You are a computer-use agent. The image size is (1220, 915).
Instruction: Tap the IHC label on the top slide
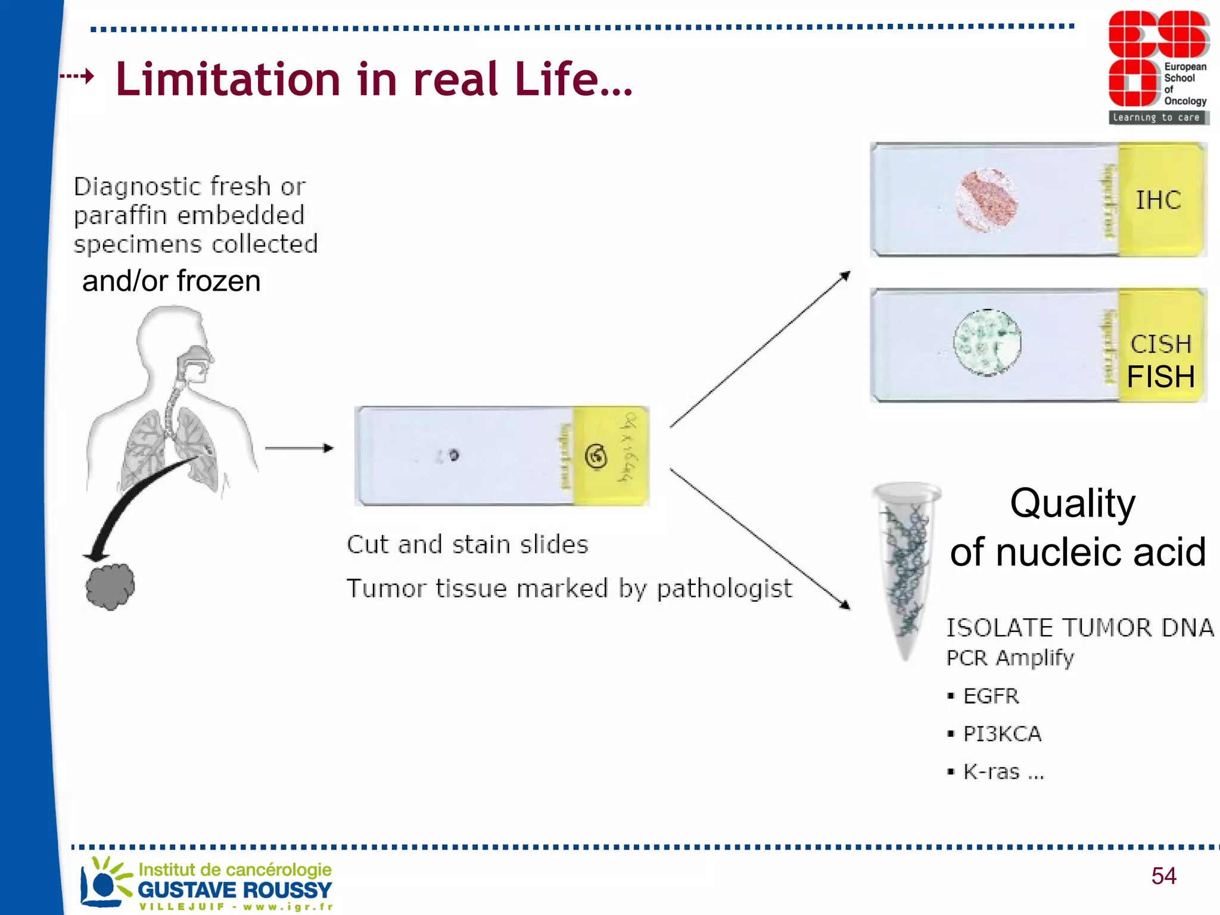(1158, 200)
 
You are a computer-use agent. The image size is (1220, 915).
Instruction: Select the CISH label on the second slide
(1160, 344)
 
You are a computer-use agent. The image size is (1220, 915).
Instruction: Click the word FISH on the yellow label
(1160, 376)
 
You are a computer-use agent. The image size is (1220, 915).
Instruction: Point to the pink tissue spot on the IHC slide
(987, 200)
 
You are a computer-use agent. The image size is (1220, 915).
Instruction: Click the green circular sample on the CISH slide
(987, 343)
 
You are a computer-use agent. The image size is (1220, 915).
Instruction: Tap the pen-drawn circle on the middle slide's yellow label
(596, 457)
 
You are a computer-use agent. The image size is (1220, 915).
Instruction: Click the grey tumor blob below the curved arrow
(110, 587)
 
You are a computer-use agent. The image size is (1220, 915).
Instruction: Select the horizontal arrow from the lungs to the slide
(298, 448)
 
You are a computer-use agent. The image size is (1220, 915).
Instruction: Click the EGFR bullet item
(991, 696)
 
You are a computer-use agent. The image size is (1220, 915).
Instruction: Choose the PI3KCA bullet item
(1002, 734)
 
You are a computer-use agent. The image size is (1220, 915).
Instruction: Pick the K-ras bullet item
(1003, 772)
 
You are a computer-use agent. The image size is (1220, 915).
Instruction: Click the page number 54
(1163, 876)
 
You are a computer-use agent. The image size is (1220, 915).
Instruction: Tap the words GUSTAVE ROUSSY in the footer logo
(235, 890)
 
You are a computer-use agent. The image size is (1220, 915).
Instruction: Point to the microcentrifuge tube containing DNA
(906, 566)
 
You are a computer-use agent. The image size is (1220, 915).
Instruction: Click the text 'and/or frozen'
(171, 281)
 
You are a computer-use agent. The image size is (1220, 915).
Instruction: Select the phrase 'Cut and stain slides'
(468, 544)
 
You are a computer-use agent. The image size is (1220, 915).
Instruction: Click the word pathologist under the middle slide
(724, 589)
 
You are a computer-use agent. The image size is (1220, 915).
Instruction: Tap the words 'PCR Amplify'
(1010, 658)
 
